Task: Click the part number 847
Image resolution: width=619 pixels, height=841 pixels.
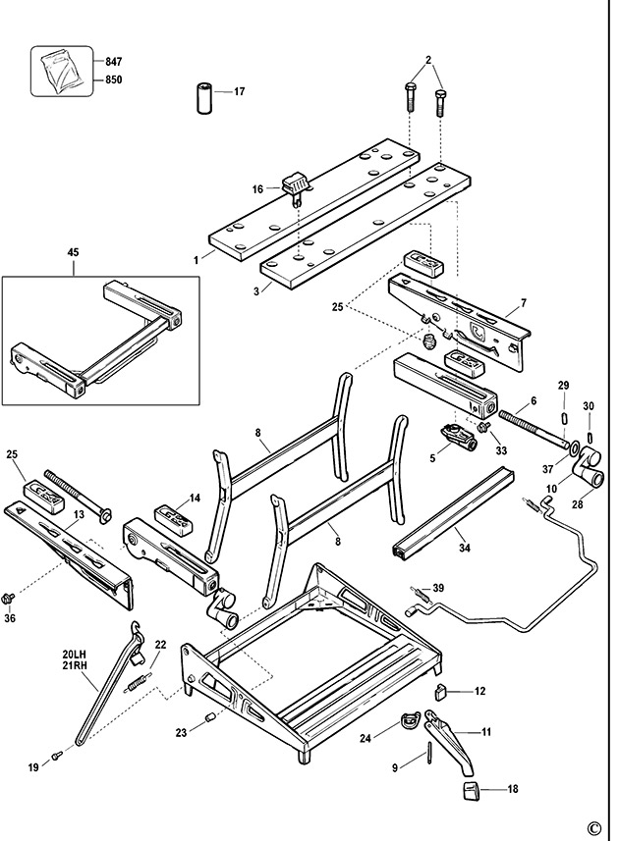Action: pyautogui.click(x=116, y=61)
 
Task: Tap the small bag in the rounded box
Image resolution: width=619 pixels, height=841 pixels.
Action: pyautogui.click(x=61, y=71)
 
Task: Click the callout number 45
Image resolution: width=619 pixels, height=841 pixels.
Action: pyautogui.click(x=73, y=252)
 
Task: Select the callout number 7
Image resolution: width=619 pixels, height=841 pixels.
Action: pyautogui.click(x=524, y=303)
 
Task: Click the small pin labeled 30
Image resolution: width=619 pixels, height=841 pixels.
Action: pyautogui.click(x=589, y=433)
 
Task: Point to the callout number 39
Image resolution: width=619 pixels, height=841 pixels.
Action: pyautogui.click(x=438, y=588)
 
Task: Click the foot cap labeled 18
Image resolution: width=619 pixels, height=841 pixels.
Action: pyautogui.click(x=470, y=791)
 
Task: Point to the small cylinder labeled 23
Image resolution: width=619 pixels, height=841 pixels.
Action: pyautogui.click(x=209, y=719)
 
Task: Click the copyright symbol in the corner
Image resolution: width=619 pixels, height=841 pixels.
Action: pyautogui.click(x=593, y=827)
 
